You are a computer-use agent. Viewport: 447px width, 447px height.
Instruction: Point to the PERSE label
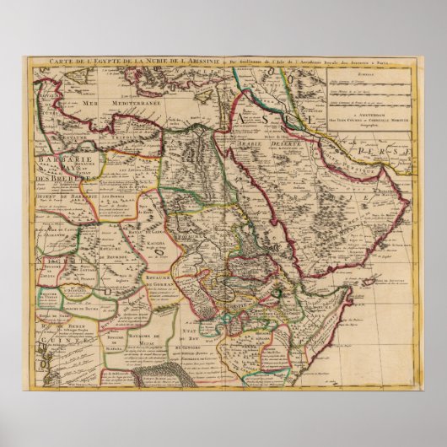[390, 152]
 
